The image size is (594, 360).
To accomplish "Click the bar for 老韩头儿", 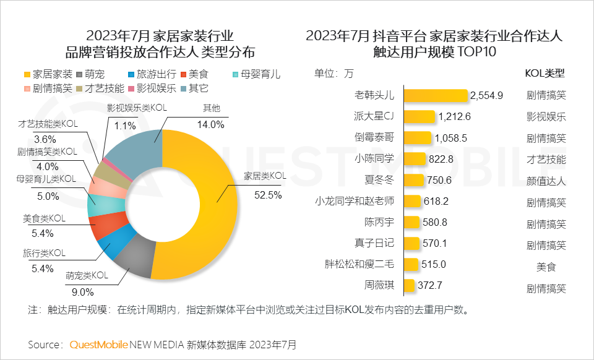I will pos(435,95).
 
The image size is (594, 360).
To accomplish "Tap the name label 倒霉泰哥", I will pos(374,137).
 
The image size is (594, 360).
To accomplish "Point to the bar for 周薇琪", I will pos(408,286).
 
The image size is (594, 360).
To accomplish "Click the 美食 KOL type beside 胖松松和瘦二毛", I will pos(545,265).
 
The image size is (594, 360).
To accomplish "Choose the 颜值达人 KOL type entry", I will pos(545,180).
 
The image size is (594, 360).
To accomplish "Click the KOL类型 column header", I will pos(545,73).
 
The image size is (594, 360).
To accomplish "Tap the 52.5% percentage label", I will pos(267,194).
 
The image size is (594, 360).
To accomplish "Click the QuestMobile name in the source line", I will pos(99,344).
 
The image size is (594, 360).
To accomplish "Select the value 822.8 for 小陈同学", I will pos(441,159).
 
